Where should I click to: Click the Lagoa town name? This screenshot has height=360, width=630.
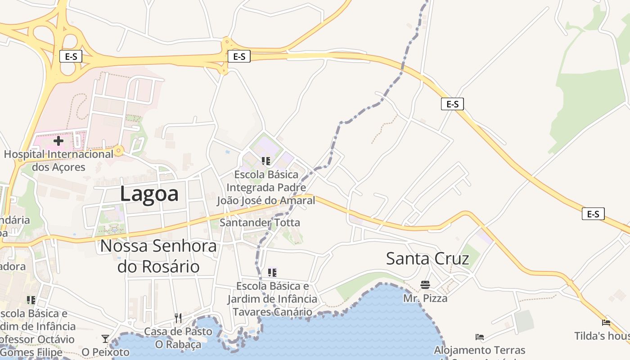point(149,194)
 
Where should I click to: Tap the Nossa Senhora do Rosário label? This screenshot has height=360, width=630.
point(158,256)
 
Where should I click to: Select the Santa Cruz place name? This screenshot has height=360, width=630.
point(427,259)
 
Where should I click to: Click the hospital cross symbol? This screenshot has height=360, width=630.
point(58,141)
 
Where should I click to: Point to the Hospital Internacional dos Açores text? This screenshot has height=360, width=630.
point(58,161)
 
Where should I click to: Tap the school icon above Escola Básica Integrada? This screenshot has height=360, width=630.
point(266,161)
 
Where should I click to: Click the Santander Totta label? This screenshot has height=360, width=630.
point(260,222)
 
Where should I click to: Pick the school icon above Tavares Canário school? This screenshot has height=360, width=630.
point(272,272)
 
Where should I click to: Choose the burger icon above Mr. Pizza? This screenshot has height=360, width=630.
point(425,284)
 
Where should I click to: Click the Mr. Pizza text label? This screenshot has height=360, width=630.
point(425,298)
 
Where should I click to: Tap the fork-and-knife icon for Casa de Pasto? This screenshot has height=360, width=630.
point(178,318)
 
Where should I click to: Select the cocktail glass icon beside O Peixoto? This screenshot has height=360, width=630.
point(105,338)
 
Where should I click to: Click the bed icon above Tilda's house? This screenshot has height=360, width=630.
point(606,322)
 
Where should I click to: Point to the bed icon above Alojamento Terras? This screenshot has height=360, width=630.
point(480,337)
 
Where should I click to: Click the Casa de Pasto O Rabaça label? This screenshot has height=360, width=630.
point(178,338)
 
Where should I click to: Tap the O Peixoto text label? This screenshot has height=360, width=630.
point(105,352)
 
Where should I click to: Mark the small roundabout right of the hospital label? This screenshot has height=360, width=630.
point(119,150)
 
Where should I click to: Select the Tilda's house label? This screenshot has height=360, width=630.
point(602,336)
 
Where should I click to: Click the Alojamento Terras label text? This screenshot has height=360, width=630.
point(480,350)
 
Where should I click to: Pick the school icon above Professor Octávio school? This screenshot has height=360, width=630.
point(31,300)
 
